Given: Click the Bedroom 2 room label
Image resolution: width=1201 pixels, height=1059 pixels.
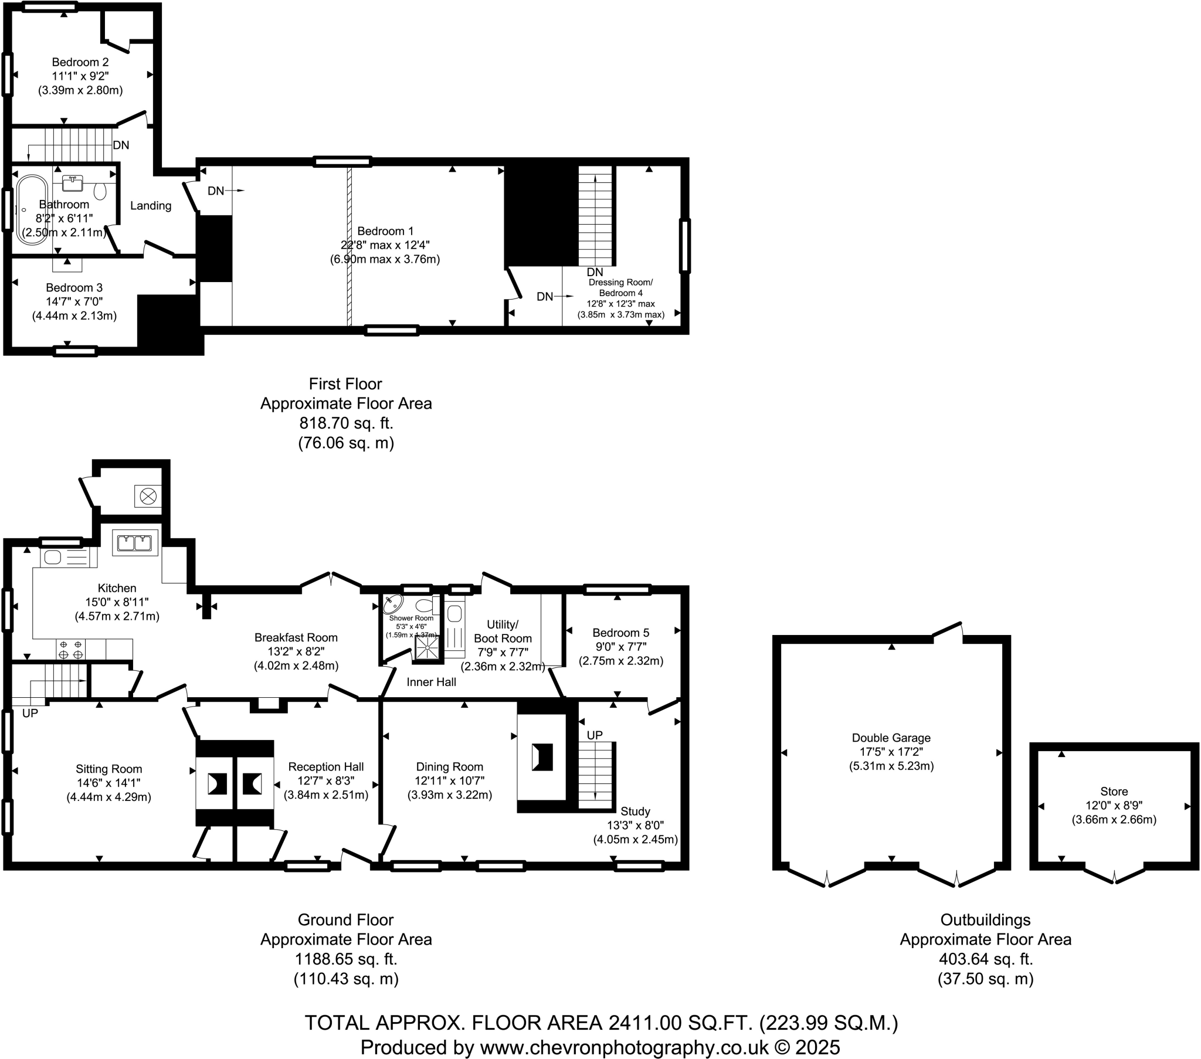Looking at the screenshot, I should (80, 62).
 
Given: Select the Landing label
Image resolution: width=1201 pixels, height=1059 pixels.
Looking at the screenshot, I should (151, 206).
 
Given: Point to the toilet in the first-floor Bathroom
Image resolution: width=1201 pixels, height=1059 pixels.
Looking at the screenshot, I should (100, 191).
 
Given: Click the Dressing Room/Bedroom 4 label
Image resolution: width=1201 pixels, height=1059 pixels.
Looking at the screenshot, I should (620, 287).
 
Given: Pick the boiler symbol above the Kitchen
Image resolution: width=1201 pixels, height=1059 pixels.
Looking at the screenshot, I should (148, 496).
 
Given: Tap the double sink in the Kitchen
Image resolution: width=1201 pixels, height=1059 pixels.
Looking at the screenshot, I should (135, 542).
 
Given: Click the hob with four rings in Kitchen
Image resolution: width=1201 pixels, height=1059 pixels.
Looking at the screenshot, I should (70, 649).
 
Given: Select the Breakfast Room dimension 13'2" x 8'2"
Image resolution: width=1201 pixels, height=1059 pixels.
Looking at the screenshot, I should (296, 651).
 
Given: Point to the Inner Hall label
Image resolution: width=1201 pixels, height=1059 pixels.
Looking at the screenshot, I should (430, 683).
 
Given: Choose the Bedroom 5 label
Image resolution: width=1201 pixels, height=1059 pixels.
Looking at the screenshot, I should (620, 633).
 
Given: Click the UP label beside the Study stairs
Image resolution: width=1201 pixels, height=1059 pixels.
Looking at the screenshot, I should (595, 735).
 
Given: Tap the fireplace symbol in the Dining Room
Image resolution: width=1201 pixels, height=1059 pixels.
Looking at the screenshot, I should (542, 757).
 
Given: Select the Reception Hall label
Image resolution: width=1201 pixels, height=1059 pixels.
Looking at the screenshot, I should (325, 767).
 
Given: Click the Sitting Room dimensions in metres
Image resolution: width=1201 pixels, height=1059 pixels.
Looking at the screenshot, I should (108, 797).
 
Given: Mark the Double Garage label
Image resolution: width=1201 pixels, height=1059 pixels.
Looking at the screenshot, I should (891, 738).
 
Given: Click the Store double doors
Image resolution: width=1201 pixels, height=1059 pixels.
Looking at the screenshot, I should (1114, 874).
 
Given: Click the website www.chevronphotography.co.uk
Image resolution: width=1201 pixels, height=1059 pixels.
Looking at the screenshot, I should (624, 1047).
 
